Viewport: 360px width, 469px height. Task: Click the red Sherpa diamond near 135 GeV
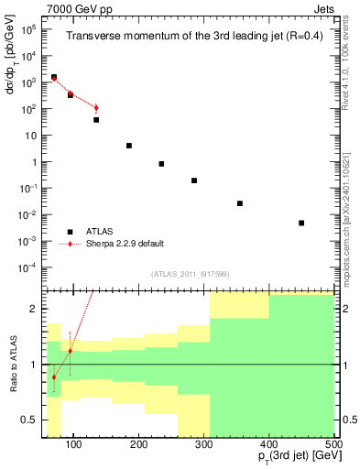[96, 108]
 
